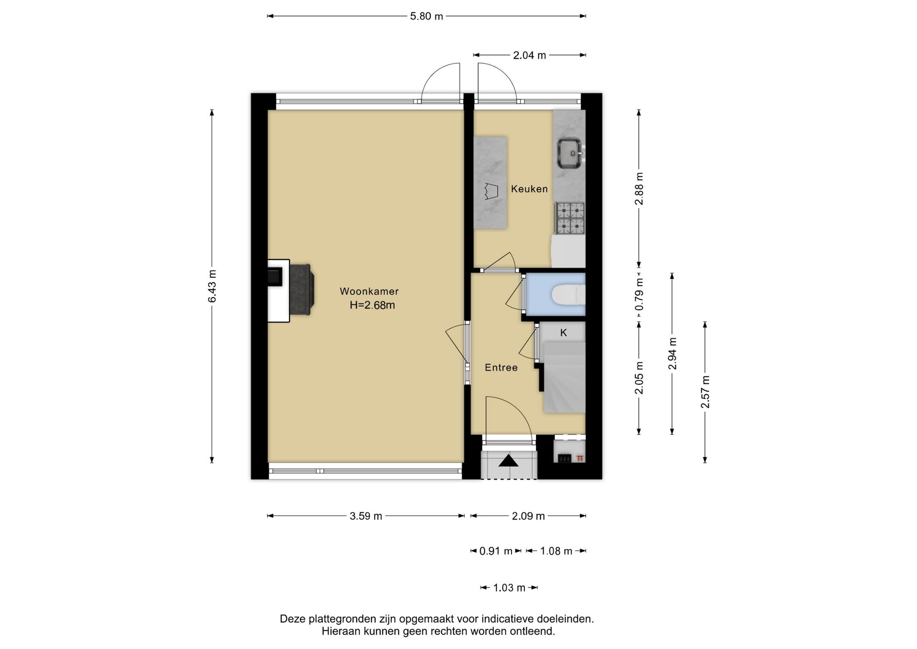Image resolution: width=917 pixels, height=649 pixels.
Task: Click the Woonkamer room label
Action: click(x=369, y=291)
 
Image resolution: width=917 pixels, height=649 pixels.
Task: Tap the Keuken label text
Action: click(x=529, y=189)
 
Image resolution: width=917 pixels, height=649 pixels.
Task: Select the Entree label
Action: click(x=501, y=368)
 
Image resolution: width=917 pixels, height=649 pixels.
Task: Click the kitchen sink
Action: click(x=569, y=153)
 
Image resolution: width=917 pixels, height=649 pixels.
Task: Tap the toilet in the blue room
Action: click(x=568, y=294)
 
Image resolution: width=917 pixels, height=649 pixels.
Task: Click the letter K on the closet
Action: click(x=564, y=333)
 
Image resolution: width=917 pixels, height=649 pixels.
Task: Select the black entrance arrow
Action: click(x=509, y=461)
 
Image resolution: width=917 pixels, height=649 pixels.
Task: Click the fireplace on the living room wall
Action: click(x=289, y=291)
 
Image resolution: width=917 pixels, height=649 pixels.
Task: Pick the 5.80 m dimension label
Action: click(x=427, y=16)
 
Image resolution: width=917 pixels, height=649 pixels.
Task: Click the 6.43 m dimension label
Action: click(x=212, y=286)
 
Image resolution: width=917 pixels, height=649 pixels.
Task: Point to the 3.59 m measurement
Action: click(x=366, y=516)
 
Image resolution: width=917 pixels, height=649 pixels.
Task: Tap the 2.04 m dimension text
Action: click(x=529, y=55)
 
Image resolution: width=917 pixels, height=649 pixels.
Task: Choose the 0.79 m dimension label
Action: click(x=640, y=295)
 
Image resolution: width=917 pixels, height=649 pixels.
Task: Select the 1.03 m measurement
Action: click(x=509, y=588)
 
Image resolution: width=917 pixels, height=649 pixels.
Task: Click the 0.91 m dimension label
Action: click(x=496, y=551)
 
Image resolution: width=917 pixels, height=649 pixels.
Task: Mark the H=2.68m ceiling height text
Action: click(x=372, y=305)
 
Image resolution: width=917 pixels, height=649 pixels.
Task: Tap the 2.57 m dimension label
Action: click(x=705, y=392)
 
